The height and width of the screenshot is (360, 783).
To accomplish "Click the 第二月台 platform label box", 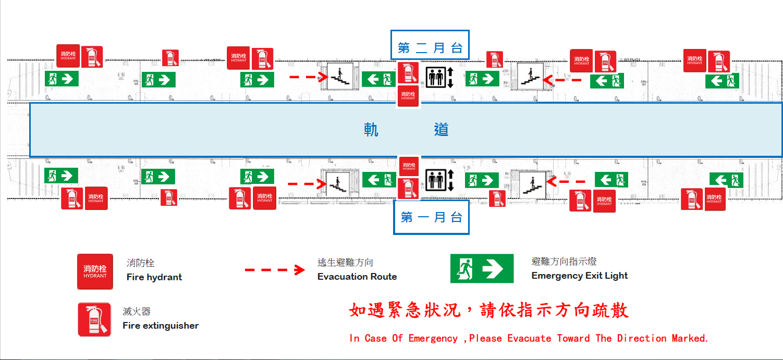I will click(430, 48).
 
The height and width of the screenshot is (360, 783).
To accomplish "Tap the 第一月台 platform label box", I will click(431, 217).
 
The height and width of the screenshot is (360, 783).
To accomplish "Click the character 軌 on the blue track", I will click(371, 130).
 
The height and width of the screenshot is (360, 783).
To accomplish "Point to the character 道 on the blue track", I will click(441, 130).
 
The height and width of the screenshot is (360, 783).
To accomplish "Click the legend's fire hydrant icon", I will click(95, 271).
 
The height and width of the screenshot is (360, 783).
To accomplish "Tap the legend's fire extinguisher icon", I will click(94, 319).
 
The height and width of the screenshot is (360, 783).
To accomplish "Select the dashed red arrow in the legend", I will click(275, 270).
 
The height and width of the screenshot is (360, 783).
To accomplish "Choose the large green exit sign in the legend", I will click(482, 269).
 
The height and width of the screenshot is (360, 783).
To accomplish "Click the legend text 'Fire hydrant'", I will click(154, 277).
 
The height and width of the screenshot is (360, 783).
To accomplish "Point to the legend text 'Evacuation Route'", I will click(357, 277).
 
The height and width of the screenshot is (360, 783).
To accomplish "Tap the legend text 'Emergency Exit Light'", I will click(580, 276).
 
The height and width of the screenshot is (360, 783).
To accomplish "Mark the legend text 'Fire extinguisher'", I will click(161, 326).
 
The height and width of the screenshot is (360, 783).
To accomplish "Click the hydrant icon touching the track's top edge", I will click(408, 96).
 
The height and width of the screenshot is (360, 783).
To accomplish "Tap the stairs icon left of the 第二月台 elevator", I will click(340, 77).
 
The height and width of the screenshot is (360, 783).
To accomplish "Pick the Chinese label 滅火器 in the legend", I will click(137, 312).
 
